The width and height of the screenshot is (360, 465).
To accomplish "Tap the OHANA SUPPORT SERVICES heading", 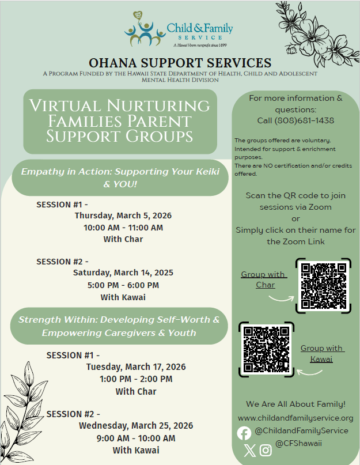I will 180,63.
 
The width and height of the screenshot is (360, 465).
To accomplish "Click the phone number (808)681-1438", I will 295,120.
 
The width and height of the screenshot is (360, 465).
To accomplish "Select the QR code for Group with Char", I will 323,286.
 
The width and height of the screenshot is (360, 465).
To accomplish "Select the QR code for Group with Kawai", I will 266,349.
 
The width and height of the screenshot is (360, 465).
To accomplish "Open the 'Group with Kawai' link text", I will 321,354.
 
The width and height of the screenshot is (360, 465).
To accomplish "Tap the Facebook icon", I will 244,433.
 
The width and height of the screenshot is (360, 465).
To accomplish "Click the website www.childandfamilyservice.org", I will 295,418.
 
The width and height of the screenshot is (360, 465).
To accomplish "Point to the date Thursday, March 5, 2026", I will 123,216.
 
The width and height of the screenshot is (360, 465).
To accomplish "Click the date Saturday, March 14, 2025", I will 123,273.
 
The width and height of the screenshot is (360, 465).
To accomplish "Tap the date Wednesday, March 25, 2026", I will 136,426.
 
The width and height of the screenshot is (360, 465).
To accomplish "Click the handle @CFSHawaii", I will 298,443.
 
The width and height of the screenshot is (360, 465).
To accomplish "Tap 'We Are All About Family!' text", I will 295,404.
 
